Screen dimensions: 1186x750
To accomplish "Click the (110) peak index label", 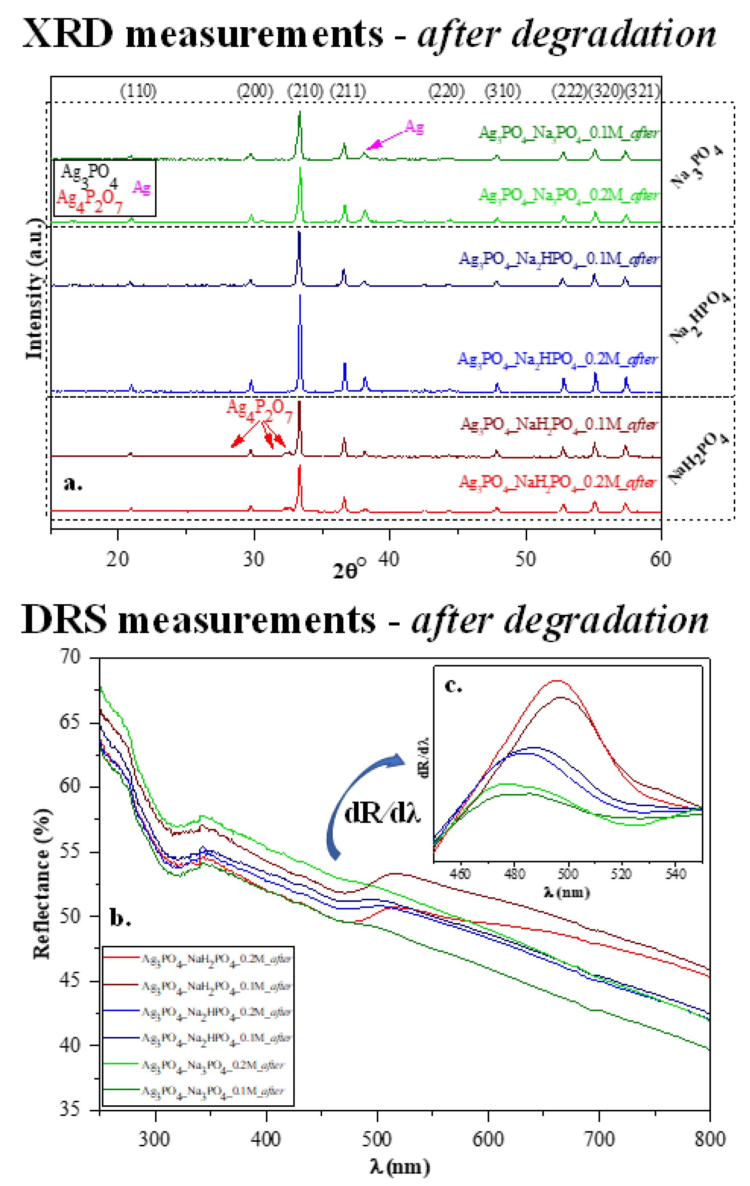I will coord(138,91).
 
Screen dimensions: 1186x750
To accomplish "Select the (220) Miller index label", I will coord(446,91).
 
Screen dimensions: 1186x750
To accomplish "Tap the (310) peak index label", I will coord(502,91).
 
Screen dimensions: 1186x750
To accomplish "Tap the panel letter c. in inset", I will coord(453,685).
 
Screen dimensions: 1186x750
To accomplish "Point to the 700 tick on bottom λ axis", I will coord(599,1139).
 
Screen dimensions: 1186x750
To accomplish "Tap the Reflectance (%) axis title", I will coord(42,884).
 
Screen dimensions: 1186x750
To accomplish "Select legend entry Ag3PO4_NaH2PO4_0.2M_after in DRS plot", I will coord(217,958).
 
